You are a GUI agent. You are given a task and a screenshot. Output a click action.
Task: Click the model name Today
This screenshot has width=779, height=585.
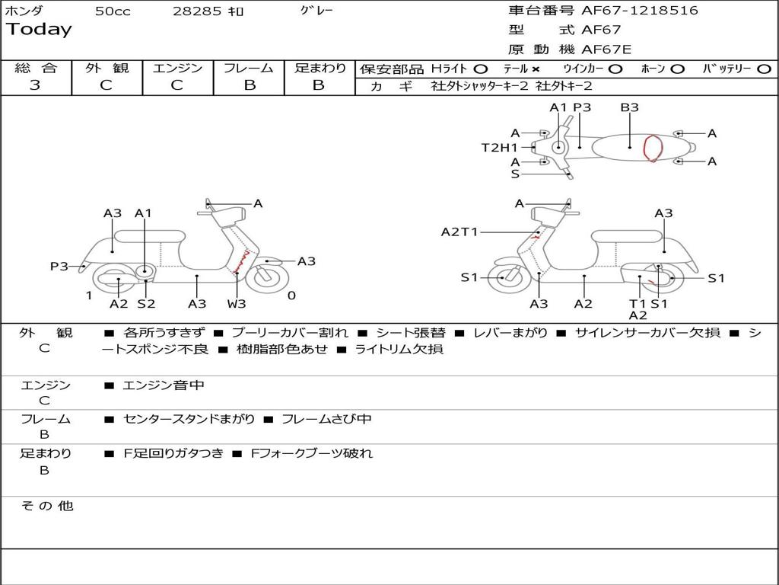(x=39, y=30)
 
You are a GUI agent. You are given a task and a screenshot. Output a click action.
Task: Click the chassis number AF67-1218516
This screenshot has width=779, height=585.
(x=640, y=11)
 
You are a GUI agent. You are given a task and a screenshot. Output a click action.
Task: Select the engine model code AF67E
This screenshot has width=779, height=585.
(x=606, y=50)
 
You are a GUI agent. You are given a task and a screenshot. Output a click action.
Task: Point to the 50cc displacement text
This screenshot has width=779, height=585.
(x=113, y=11)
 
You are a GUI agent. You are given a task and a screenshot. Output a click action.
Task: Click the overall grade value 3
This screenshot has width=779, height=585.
(x=35, y=85)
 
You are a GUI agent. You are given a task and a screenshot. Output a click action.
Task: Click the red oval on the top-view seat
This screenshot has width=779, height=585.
(x=653, y=148)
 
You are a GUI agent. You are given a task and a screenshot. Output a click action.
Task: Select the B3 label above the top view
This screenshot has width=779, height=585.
(x=629, y=107)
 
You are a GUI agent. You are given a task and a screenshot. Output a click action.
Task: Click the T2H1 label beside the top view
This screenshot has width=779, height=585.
(x=500, y=148)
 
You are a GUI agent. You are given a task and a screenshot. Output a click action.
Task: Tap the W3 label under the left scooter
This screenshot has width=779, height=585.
(x=237, y=303)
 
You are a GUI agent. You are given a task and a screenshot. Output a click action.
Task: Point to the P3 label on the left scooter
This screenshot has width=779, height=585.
(x=59, y=267)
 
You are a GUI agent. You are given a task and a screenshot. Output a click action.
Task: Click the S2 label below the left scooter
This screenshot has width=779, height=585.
(x=146, y=303)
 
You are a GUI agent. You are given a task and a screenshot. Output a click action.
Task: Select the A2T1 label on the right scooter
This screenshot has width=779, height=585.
(x=459, y=232)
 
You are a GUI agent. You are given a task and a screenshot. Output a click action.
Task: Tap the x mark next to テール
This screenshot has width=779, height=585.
(x=535, y=69)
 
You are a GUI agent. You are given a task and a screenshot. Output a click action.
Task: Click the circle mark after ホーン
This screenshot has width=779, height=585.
(x=677, y=69)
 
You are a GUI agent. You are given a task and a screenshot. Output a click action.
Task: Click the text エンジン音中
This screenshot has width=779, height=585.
(x=164, y=385)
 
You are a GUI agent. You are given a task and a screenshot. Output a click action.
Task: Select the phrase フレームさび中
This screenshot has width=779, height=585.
(x=326, y=420)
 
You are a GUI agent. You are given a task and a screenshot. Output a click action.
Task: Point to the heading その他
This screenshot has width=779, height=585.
(x=47, y=506)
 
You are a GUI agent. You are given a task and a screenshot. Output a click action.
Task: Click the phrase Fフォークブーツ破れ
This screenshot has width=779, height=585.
(x=312, y=454)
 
